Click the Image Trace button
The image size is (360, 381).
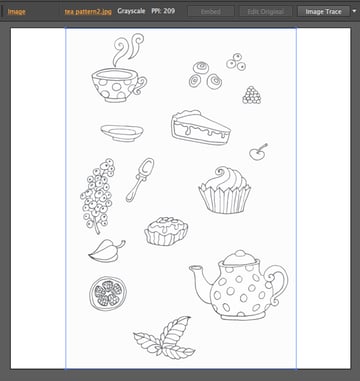pyautogui.click(x=324, y=11)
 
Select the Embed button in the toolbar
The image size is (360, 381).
pyautogui.click(x=211, y=11)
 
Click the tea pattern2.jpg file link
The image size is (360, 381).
pyautogui.click(x=88, y=11)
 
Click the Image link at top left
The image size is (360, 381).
pyautogui.click(x=17, y=11)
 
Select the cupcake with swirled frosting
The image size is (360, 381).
pyautogui.click(x=224, y=189)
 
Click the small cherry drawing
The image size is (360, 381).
pyautogui.click(x=258, y=153)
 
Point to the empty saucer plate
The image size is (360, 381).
pyautogui.click(x=121, y=132)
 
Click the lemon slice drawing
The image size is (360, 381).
pyautogui.click(x=108, y=293)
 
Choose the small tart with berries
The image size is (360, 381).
pyautogui.click(x=166, y=231)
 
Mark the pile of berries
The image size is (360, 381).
pyautogui.click(x=252, y=95)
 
